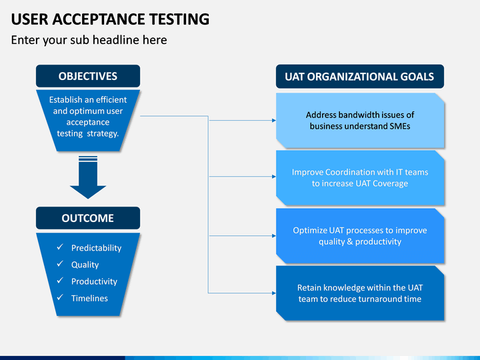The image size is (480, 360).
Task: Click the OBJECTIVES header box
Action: click(88, 76)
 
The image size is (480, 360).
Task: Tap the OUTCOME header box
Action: click(88, 218)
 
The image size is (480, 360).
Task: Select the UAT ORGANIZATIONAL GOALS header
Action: click(360, 76)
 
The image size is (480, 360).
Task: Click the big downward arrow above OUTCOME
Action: click(88, 177)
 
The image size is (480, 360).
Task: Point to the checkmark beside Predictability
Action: click(60, 247)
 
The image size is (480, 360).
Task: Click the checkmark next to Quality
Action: click(60, 263)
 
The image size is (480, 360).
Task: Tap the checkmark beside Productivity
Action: click(60, 281)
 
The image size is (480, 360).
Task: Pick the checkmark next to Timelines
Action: click(60, 297)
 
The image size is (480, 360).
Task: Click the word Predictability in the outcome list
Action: click(97, 248)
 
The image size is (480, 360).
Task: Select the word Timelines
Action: click(89, 298)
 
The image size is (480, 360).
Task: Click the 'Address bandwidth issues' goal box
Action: click(360, 121)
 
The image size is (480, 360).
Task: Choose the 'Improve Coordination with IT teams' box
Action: click(360, 178)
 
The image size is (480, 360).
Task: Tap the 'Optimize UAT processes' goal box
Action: click(360, 236)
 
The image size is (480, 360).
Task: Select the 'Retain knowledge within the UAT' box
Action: click(360, 293)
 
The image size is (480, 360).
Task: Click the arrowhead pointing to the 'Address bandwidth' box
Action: click(274, 120)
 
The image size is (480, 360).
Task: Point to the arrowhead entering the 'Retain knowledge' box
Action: click(274, 293)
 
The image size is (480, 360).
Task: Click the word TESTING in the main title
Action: click(179, 19)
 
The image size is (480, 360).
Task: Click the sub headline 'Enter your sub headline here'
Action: click(89, 40)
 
